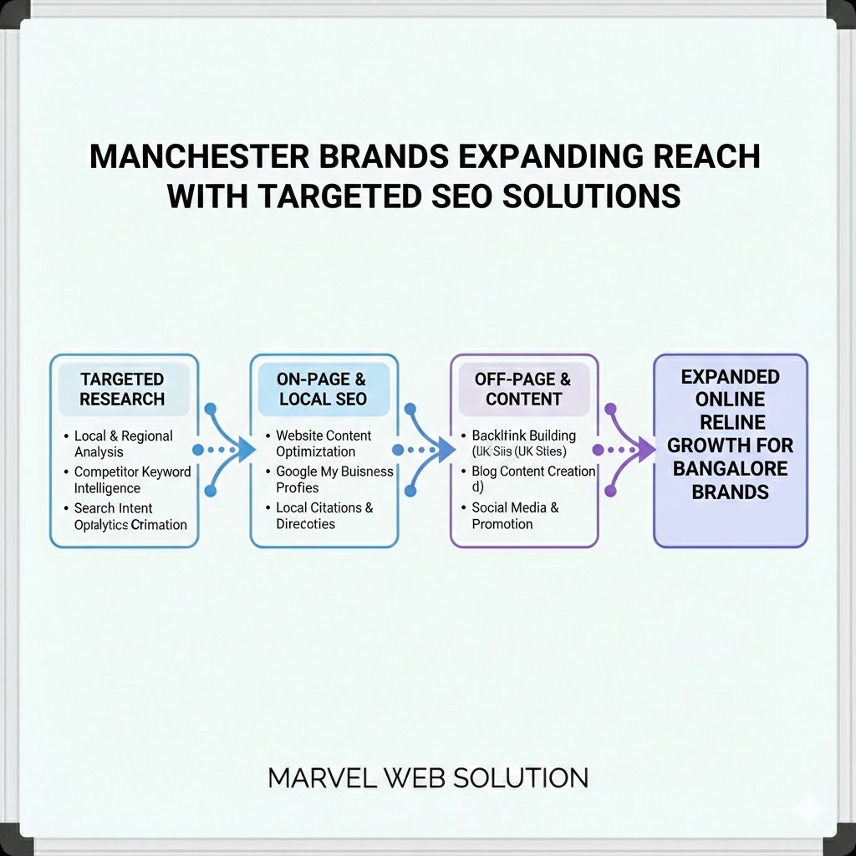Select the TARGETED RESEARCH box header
click(123, 389)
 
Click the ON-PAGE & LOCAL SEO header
click(324, 389)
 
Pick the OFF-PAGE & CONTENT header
click(523, 389)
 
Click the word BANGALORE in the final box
click(730, 468)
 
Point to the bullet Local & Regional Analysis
click(123, 444)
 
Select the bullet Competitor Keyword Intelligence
click(131, 480)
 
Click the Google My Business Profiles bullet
click(334, 480)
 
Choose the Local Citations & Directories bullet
click(324, 516)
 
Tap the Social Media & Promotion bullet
click(515, 516)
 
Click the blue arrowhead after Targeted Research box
click(244, 450)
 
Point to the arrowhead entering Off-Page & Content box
click(444, 450)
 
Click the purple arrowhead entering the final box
click(645, 450)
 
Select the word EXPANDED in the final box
click(730, 377)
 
